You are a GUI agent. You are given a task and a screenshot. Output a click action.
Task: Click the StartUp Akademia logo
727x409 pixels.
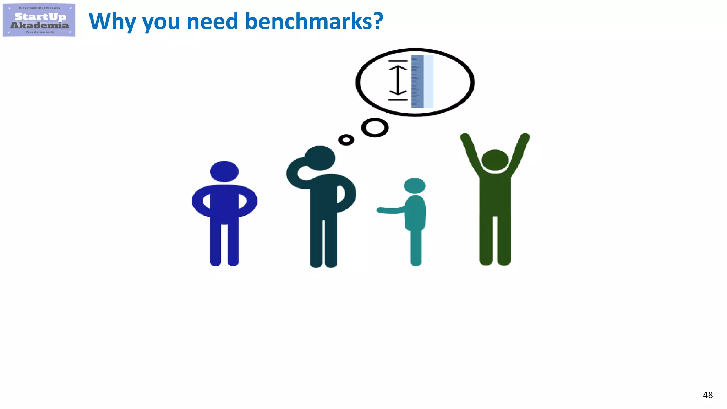click(39, 20)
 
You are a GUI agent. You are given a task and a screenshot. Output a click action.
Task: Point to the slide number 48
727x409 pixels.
click(707, 395)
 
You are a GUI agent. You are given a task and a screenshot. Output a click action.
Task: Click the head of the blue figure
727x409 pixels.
click(224, 171)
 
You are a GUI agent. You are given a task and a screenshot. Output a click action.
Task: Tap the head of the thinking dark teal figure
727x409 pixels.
click(320, 158)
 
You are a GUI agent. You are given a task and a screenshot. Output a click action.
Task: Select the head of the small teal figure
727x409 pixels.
click(415, 186)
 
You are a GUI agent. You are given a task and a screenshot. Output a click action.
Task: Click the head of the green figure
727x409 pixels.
click(495, 160)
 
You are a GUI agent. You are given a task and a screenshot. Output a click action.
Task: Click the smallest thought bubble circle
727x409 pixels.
click(346, 140)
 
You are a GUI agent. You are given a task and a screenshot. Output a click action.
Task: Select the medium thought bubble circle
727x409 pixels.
click(375, 127)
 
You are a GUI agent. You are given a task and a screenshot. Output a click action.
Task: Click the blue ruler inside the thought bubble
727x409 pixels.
click(417, 82)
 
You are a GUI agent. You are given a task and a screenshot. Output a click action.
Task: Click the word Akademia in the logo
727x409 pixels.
click(39, 25)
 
